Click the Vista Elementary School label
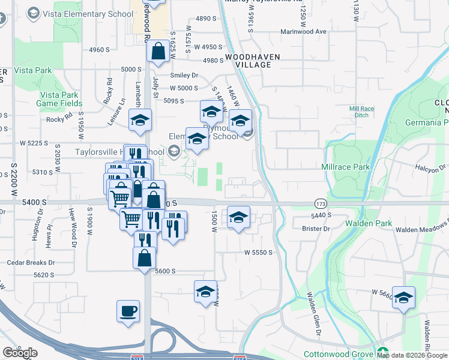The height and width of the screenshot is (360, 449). pos(87,14)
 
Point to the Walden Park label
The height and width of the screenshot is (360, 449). pos(369,223)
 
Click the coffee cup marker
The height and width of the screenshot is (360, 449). pos(128,311)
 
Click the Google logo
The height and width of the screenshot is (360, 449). pos(20,352)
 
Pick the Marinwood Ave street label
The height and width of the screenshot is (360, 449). pos(303,31)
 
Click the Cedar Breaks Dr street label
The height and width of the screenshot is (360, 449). pos(31,262)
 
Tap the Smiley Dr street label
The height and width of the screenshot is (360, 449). pos(184,76)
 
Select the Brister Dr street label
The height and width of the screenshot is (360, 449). pos(317,229)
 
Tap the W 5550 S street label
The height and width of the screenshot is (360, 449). pos(258,253)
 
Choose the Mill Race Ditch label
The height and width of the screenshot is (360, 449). pos(362,112)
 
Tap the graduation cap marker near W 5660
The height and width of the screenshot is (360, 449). pos(403,298)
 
